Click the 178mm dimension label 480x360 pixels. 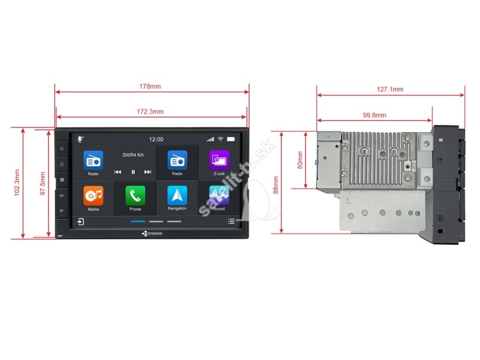(150, 86)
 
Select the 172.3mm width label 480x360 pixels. (150, 112)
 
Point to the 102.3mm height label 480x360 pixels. (17, 183)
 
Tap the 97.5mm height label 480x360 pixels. (43, 184)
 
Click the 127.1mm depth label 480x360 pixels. (390, 89)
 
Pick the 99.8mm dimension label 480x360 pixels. (374, 115)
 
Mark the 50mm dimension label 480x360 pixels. (300, 160)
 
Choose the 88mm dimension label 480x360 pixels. (276, 185)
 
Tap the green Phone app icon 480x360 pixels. (136, 196)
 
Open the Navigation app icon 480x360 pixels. (177, 196)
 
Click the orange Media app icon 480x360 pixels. (94, 196)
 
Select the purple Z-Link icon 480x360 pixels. (219, 160)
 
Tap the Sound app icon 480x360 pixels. (219, 196)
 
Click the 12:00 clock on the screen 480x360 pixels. (156, 140)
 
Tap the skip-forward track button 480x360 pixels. (148, 172)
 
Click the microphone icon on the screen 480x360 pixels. (80, 139)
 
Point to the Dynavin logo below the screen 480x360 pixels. (152, 233)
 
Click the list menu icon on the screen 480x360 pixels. (231, 221)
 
